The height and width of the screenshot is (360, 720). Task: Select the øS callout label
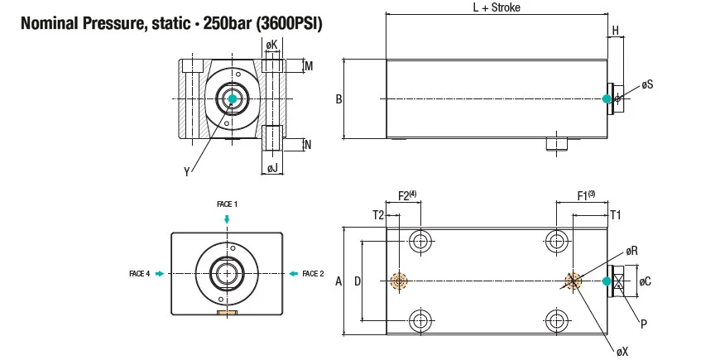(647, 85)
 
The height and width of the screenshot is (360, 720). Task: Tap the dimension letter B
(338, 100)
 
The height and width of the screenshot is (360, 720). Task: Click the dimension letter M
(308, 65)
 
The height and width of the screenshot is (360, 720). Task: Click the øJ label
(271, 169)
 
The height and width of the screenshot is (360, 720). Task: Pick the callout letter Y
(186, 171)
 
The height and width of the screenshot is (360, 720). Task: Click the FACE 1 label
(227, 204)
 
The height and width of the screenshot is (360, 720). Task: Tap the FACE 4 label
(140, 273)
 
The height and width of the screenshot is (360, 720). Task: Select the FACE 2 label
(313, 273)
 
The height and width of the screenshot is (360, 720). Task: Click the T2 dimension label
(378, 214)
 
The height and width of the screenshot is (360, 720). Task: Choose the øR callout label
(631, 251)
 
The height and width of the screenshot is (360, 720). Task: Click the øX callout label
(622, 351)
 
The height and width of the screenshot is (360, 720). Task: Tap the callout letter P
(643, 322)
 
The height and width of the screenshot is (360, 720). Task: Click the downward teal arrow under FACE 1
(227, 218)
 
